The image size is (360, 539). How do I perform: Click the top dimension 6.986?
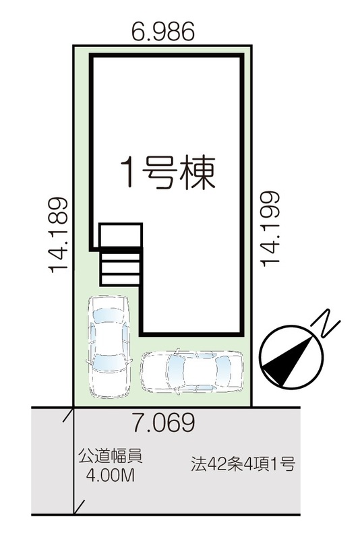(163, 31)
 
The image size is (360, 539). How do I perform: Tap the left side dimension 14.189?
(58, 235)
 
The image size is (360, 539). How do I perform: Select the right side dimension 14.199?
(270, 228)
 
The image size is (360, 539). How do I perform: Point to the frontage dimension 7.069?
(164, 422)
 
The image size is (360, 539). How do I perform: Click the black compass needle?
(288, 361)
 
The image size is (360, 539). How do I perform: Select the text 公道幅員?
(111, 457)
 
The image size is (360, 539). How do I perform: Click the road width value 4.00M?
(110, 476)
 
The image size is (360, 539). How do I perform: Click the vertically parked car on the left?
(109, 346)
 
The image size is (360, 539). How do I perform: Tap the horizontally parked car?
(191, 371)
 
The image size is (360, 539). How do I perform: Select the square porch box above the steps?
(121, 236)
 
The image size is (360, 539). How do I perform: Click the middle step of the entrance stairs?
(120, 268)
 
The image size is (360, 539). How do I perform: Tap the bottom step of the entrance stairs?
(120, 280)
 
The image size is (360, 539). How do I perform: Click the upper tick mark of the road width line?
(69, 414)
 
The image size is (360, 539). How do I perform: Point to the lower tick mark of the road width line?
(79, 507)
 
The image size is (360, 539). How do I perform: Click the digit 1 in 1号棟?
(129, 172)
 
